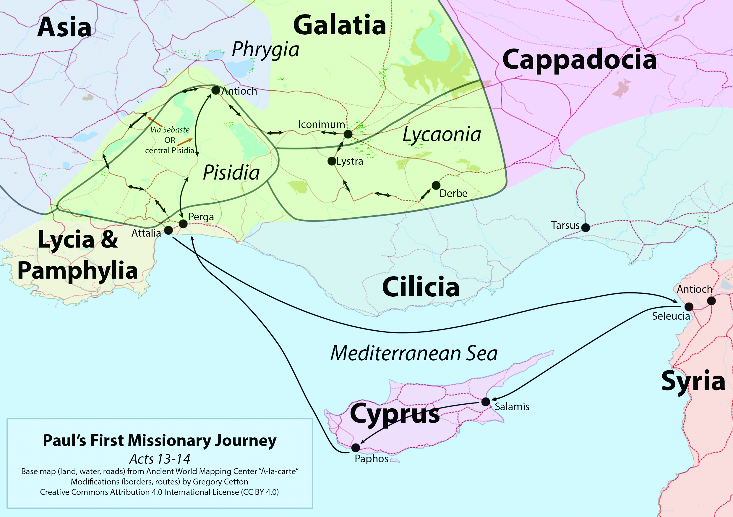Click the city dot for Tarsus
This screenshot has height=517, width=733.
(x=586, y=227)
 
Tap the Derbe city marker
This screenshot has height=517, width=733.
(x=436, y=185)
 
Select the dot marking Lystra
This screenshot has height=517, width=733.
(x=332, y=161)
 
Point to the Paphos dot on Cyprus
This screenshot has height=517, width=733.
(x=356, y=448)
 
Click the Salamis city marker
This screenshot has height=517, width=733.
(x=486, y=402)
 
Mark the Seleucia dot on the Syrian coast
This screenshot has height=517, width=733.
(x=689, y=307)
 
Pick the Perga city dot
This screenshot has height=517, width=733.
(x=183, y=224)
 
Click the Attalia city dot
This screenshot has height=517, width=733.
(x=168, y=230)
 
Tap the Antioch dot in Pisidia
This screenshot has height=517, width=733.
(x=216, y=91)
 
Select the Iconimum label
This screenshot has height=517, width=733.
(x=321, y=124)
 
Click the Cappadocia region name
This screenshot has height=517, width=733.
(x=579, y=60)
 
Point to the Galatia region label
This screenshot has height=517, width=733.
(x=339, y=25)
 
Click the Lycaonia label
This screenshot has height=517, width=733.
(x=442, y=135)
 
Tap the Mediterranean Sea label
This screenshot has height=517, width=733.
(x=414, y=353)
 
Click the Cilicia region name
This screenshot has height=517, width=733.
(x=421, y=287)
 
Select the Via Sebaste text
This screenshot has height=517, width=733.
(x=170, y=130)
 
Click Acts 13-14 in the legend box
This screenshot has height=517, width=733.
(x=160, y=459)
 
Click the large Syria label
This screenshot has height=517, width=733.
(x=693, y=381)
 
